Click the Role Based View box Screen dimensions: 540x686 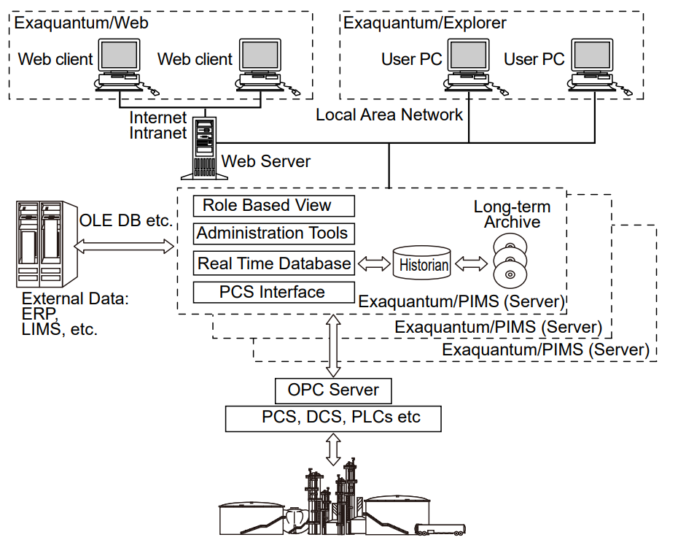274,206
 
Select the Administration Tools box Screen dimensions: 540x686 274,234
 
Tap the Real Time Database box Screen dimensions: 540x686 274,263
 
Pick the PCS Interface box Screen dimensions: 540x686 274,293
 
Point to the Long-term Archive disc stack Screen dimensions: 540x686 509,260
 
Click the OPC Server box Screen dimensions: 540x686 333,390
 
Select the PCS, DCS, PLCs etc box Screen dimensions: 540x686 333,418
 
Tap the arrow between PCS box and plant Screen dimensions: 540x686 334,449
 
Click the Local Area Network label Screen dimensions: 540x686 389,115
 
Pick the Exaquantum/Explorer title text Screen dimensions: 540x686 424,23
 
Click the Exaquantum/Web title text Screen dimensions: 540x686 81,23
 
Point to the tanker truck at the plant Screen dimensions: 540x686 444,529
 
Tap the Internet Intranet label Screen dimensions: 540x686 158,125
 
